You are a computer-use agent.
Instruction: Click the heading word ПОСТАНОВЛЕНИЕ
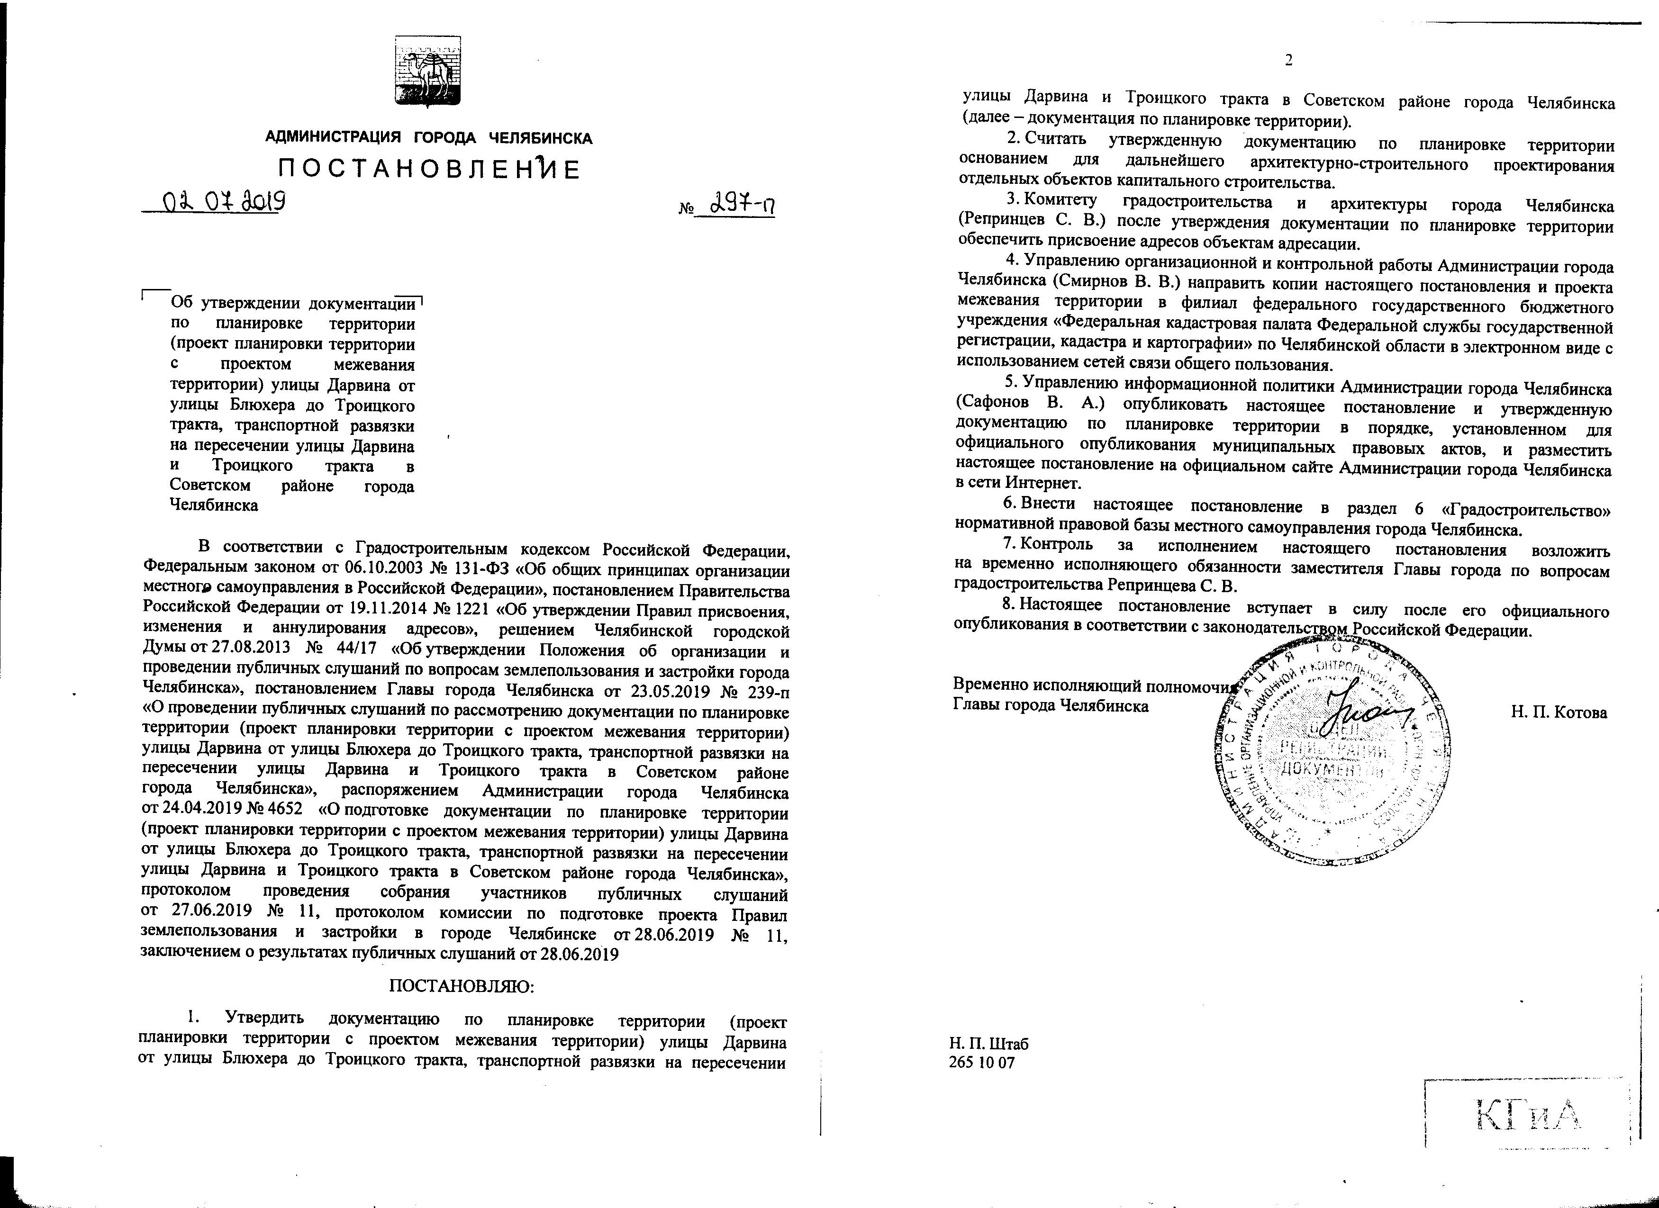point(429,170)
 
